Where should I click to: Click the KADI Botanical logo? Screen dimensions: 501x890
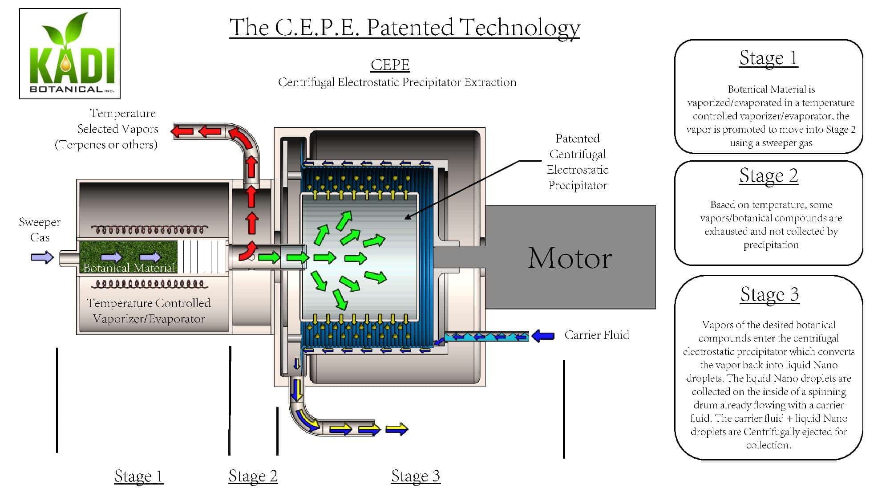click(70, 53)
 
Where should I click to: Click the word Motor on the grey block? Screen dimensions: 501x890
click(570, 258)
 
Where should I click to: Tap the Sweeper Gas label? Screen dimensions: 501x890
click(40, 229)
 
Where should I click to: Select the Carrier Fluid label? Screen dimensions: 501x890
click(597, 335)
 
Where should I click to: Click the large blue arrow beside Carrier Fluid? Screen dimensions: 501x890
click(543, 335)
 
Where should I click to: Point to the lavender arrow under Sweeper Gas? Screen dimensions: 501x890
click(42, 257)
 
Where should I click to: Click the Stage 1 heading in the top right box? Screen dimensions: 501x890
click(769, 58)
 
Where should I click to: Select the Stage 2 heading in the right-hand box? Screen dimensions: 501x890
click(769, 175)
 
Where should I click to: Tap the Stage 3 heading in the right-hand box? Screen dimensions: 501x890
click(769, 294)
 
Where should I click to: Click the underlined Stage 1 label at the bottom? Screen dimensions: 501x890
click(139, 476)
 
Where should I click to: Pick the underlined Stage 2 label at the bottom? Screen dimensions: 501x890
click(253, 476)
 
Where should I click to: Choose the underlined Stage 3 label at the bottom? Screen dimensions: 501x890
click(416, 476)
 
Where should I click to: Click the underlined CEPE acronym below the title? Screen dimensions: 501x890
click(390, 65)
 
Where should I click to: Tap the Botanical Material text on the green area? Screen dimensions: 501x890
click(129, 268)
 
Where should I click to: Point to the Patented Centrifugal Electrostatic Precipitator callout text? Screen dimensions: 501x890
click(577, 162)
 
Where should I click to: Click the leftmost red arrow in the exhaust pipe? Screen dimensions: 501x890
click(182, 131)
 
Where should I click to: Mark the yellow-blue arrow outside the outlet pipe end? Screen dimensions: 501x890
click(396, 429)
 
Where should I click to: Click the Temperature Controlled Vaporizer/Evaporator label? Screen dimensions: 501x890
click(149, 311)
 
